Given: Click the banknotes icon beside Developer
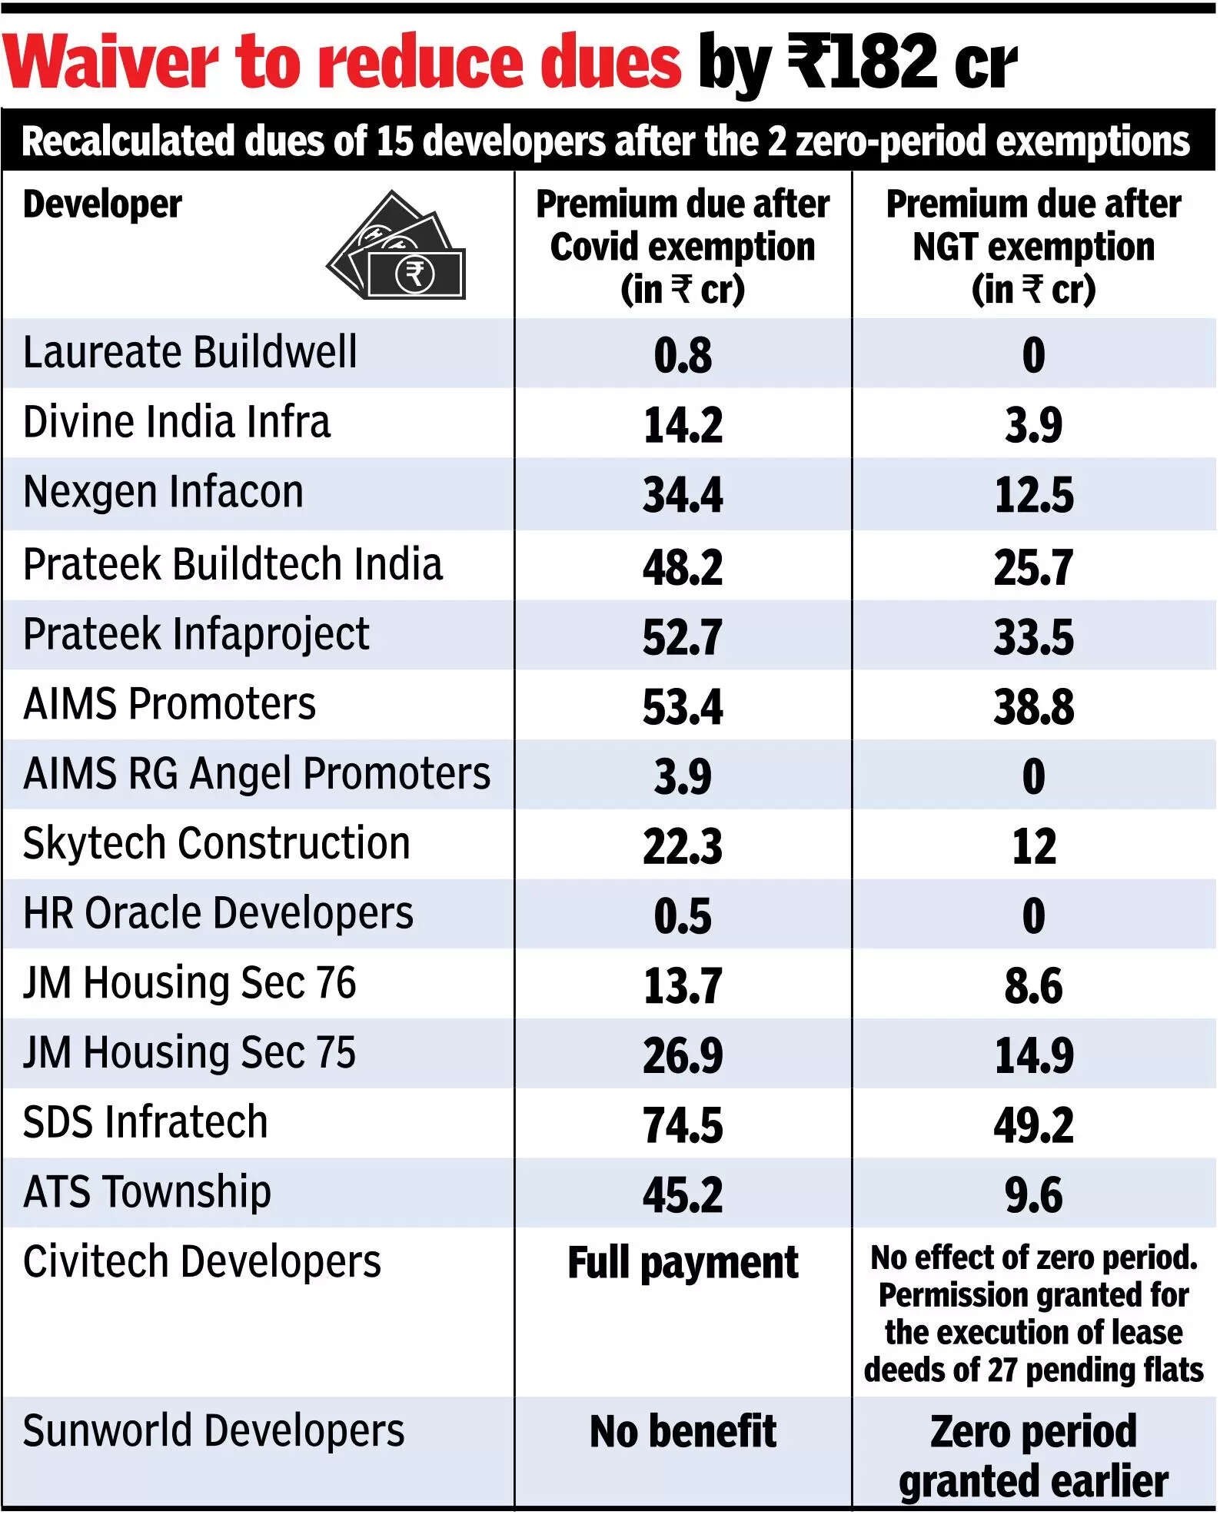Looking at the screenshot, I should [x=397, y=246].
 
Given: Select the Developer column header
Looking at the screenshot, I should [x=102, y=204].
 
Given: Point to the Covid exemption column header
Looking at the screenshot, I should [x=683, y=247].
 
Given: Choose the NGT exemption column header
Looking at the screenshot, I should [x=1033, y=247].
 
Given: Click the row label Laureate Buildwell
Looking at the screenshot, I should [x=190, y=353].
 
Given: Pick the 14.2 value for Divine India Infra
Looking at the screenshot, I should [x=683, y=425].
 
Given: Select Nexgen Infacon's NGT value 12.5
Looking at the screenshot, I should [x=1033, y=495].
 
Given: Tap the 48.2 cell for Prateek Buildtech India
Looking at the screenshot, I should [x=683, y=567].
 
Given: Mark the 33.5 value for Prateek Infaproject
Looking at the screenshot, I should [x=1033, y=637].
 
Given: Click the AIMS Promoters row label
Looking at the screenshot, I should [x=169, y=704].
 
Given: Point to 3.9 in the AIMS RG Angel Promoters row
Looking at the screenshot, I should [x=683, y=776].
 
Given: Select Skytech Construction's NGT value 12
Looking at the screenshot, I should [x=1033, y=846].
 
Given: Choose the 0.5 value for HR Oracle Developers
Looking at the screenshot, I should [x=683, y=916].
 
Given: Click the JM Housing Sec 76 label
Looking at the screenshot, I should [x=189, y=983].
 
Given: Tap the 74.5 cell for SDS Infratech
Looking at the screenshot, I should [x=683, y=1125].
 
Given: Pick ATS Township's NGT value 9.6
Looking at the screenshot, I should [x=1033, y=1194].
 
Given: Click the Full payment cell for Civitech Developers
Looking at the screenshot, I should [x=683, y=1263].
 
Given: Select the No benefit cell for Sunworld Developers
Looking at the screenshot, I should [x=683, y=1431].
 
